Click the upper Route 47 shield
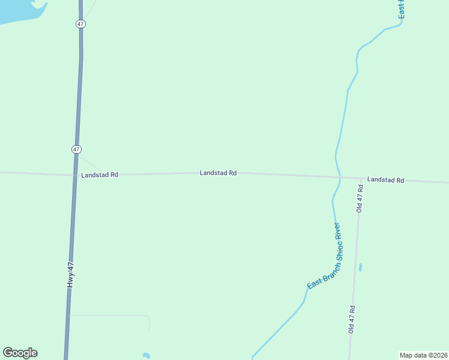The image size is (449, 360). tap(81, 24)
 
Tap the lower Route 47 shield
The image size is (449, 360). tap(76, 149)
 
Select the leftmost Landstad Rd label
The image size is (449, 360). tap(100, 175)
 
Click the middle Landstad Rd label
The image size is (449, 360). tap(218, 173)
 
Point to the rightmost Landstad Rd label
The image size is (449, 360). tap(385, 180)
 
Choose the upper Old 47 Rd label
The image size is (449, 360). tap(360, 198)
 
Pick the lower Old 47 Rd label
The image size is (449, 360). tap(352, 319)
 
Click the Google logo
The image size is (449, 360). tap(20, 353)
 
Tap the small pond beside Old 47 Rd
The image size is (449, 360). tap(360, 267)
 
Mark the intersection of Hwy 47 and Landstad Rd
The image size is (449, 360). tap(74, 175)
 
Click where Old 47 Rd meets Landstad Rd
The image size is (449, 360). tap(361, 178)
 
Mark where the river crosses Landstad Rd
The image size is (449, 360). tap(339, 177)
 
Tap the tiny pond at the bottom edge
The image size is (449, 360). tap(146, 356)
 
